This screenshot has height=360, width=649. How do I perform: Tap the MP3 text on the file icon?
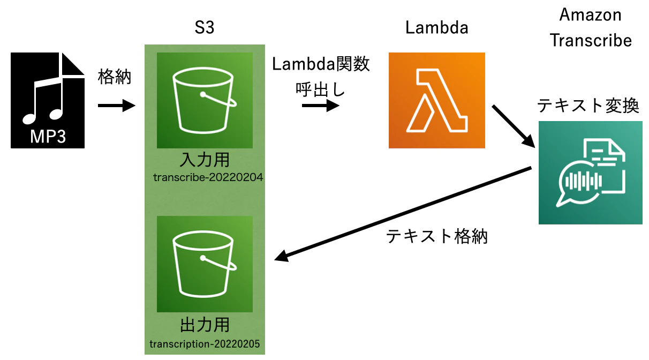pyautogui.click(x=48, y=136)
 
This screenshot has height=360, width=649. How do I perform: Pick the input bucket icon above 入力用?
pyautogui.click(x=205, y=100)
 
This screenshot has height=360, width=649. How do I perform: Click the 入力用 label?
pyautogui.click(x=205, y=160)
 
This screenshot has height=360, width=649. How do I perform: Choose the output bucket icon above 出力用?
pyautogui.click(x=205, y=264)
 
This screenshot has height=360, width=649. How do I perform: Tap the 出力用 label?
pyautogui.click(x=205, y=325)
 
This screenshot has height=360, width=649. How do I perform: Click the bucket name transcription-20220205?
pyautogui.click(x=205, y=343)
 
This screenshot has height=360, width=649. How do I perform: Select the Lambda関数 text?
pyautogui.click(x=321, y=64)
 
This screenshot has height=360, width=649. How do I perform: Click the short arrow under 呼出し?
pyautogui.click(x=320, y=106)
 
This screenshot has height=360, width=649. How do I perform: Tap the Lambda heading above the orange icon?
pyautogui.click(x=436, y=28)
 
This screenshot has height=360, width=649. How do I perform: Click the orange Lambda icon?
pyautogui.click(x=436, y=100)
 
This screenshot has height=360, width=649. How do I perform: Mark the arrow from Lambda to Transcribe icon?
pyautogui.click(x=515, y=126)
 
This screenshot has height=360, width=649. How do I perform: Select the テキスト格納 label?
pyautogui.click(x=436, y=236)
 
